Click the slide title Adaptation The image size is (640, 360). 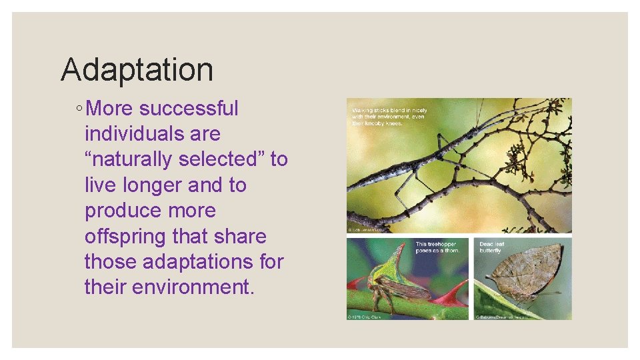(x=137, y=69)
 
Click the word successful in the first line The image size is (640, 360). (x=189, y=108)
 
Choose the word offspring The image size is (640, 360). (x=125, y=237)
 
